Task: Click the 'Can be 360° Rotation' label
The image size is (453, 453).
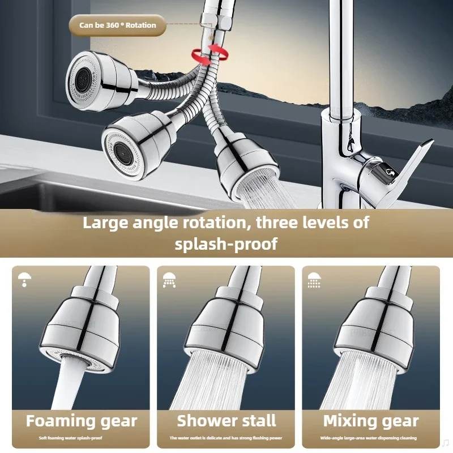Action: click(x=117, y=25)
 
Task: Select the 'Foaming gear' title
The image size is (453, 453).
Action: click(x=81, y=421)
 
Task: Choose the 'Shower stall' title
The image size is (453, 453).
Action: click(x=226, y=421)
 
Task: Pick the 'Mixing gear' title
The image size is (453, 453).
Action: click(x=371, y=421)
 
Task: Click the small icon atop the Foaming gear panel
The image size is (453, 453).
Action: click(x=24, y=278)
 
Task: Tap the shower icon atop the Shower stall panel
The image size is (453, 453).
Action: click(x=169, y=278)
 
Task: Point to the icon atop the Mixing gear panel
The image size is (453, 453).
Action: click(x=314, y=279)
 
